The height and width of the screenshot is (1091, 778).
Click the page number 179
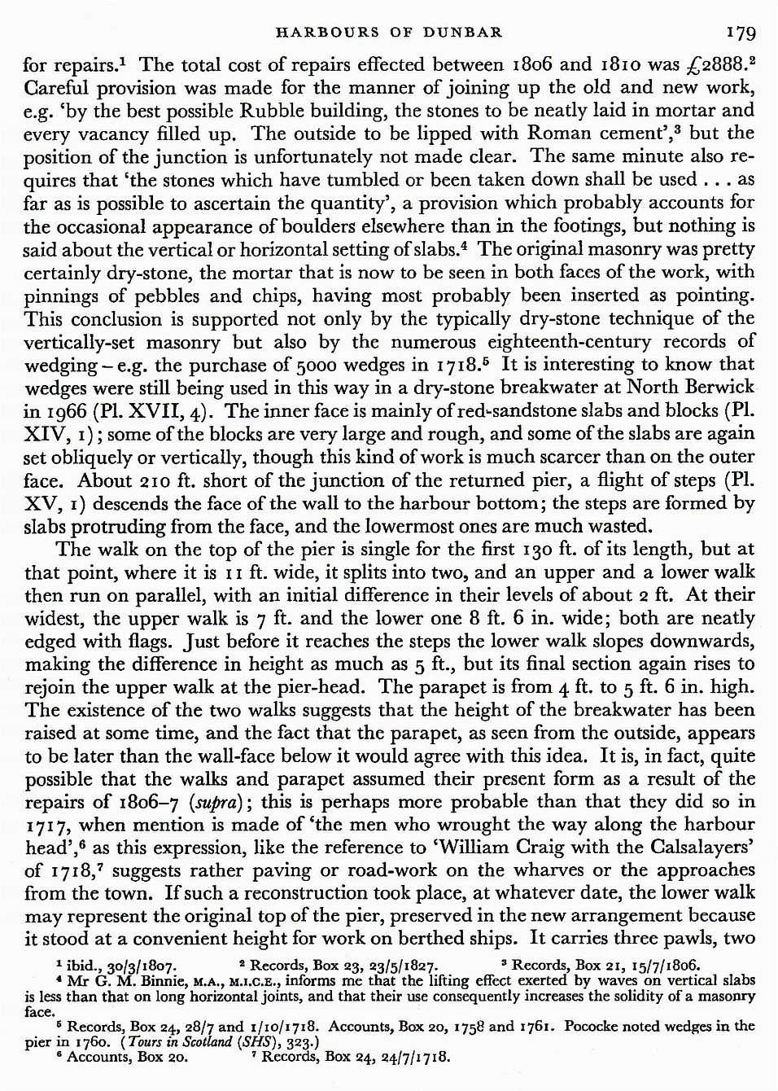pos(742,33)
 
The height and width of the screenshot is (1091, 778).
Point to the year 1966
pos(68,411)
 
